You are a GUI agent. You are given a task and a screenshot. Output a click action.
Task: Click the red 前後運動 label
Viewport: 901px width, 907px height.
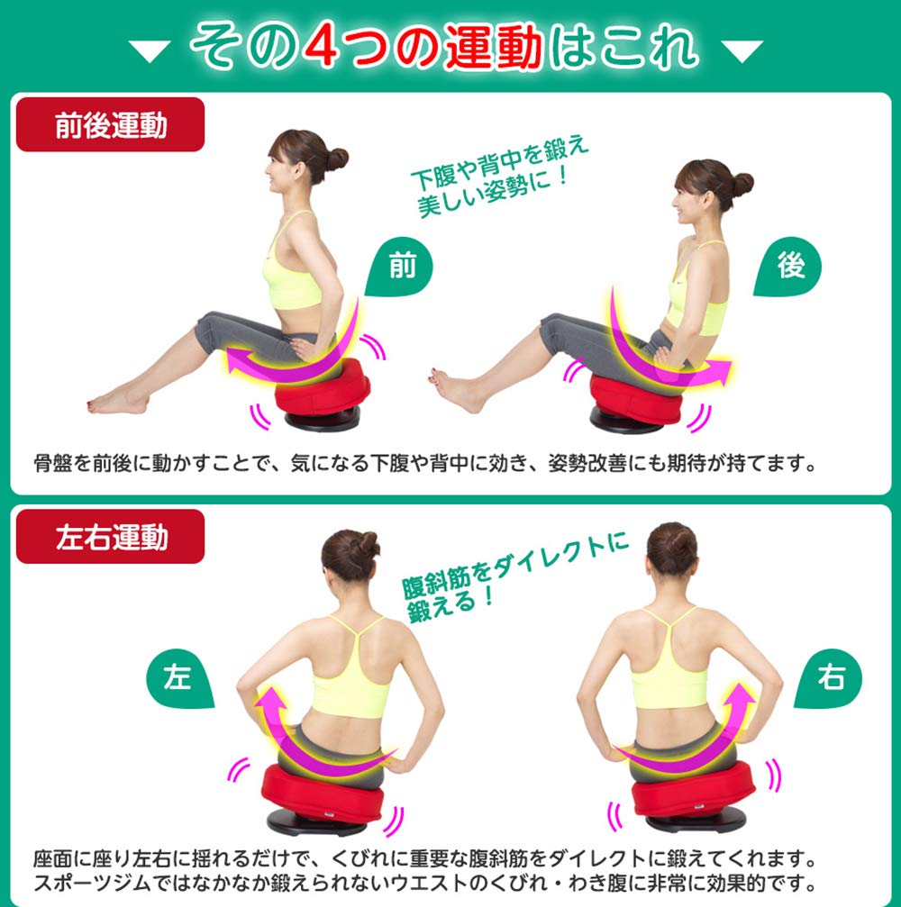110,125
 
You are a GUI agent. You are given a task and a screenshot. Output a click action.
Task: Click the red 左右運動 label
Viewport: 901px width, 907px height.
110,538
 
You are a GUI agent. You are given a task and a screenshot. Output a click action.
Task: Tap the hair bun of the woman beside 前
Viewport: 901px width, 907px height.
335,159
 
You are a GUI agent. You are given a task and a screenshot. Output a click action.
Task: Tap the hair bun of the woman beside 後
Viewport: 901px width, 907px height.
742,185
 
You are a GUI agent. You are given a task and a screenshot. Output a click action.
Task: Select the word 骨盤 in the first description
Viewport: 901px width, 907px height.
53,465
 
